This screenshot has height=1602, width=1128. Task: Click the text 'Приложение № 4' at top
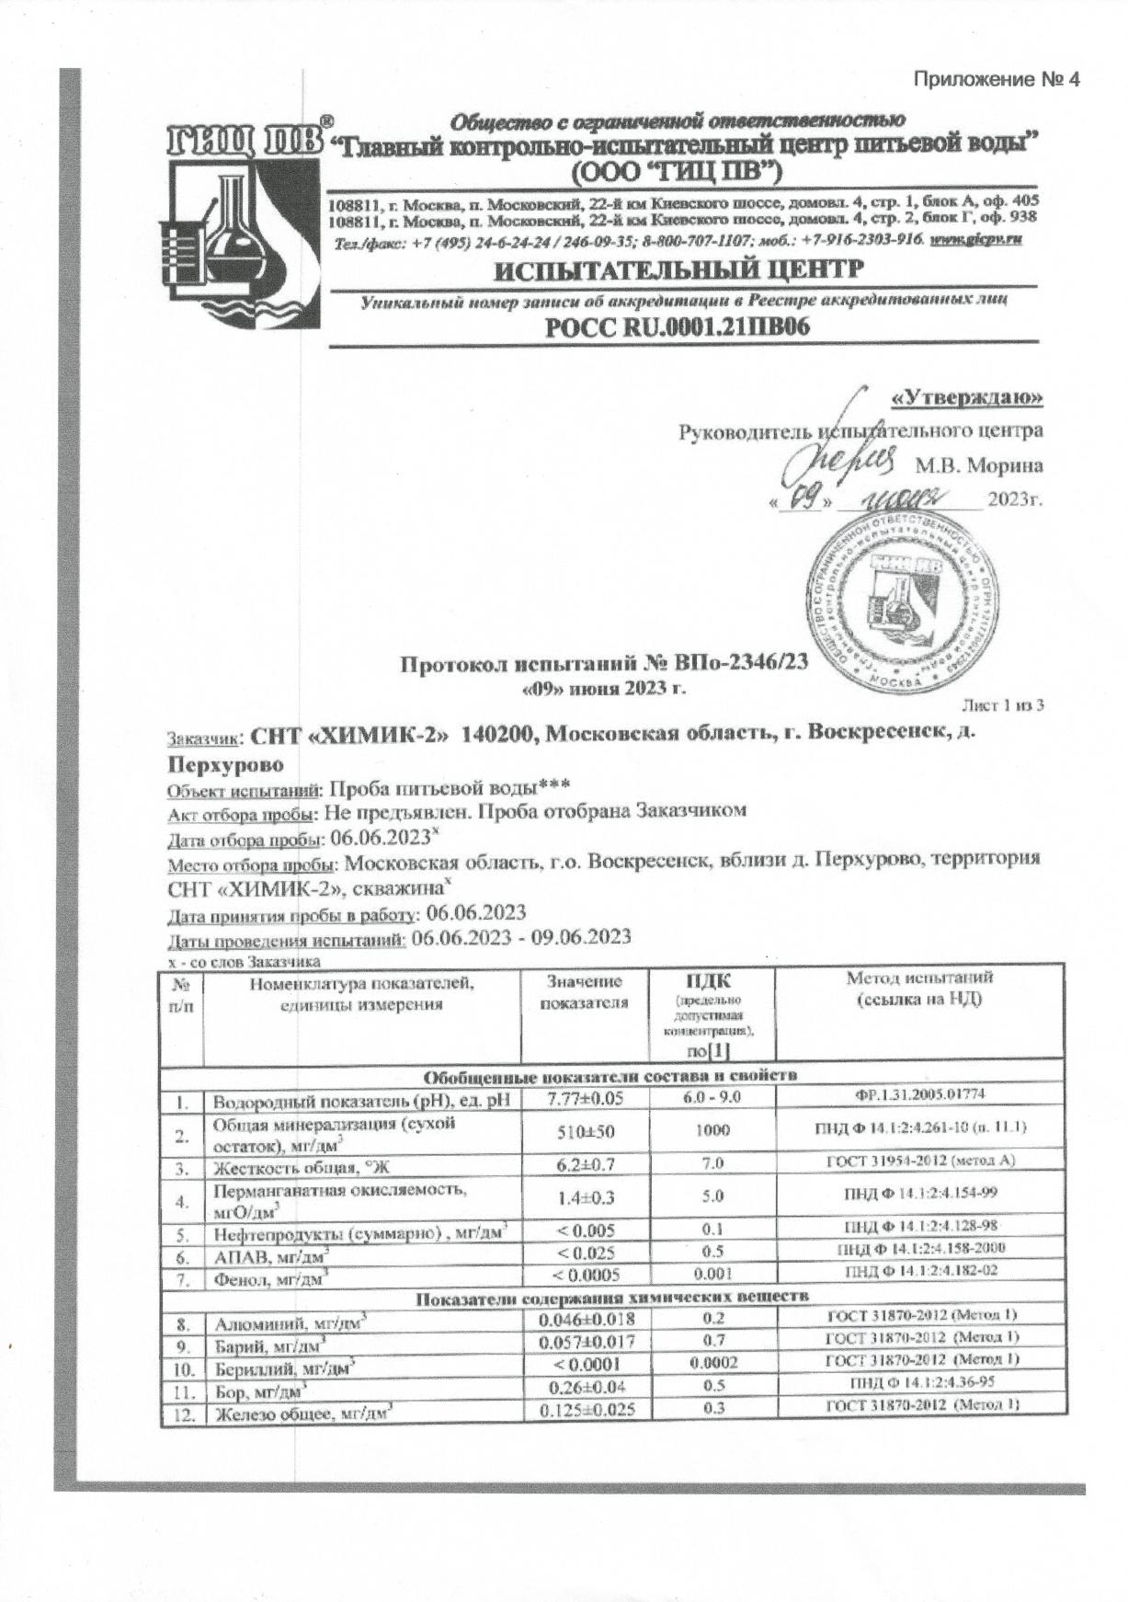(996, 80)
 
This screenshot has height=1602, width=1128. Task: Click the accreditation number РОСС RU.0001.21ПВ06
(678, 326)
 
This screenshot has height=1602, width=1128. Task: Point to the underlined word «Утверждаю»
(967, 397)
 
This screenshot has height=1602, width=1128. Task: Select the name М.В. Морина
(978, 465)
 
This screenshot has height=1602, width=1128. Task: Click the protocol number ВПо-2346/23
(739, 663)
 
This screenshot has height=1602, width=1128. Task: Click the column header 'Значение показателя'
(585, 992)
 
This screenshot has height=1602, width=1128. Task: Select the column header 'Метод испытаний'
(919, 989)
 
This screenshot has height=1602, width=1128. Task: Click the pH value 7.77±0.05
(585, 1099)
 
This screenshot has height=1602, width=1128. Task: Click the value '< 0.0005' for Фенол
(585, 1275)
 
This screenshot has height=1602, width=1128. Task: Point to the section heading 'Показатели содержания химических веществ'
(611, 1298)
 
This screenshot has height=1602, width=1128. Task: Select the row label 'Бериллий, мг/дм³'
(285, 1367)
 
